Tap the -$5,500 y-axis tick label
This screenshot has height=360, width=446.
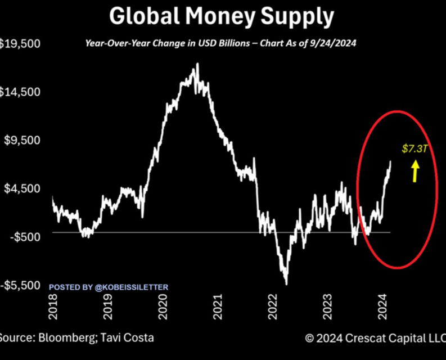pos(21,285)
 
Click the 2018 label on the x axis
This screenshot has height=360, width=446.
pos(53,307)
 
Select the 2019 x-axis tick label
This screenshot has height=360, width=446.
pos(106,307)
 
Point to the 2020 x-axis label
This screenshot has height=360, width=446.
pos(163,307)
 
